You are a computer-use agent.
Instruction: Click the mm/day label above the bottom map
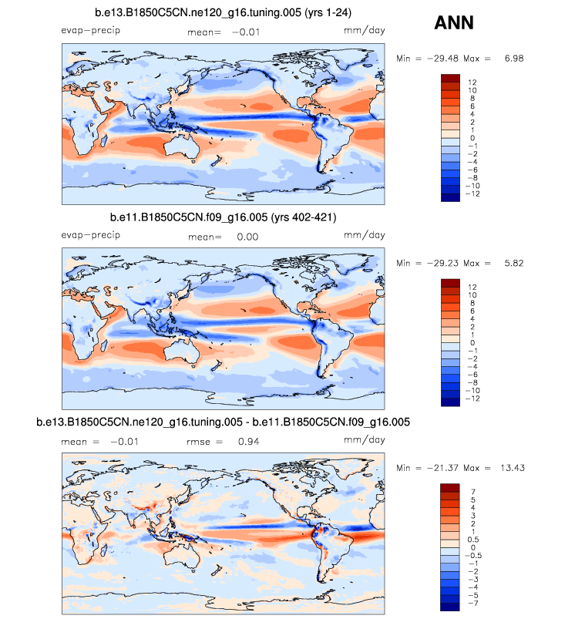click(x=364, y=440)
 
